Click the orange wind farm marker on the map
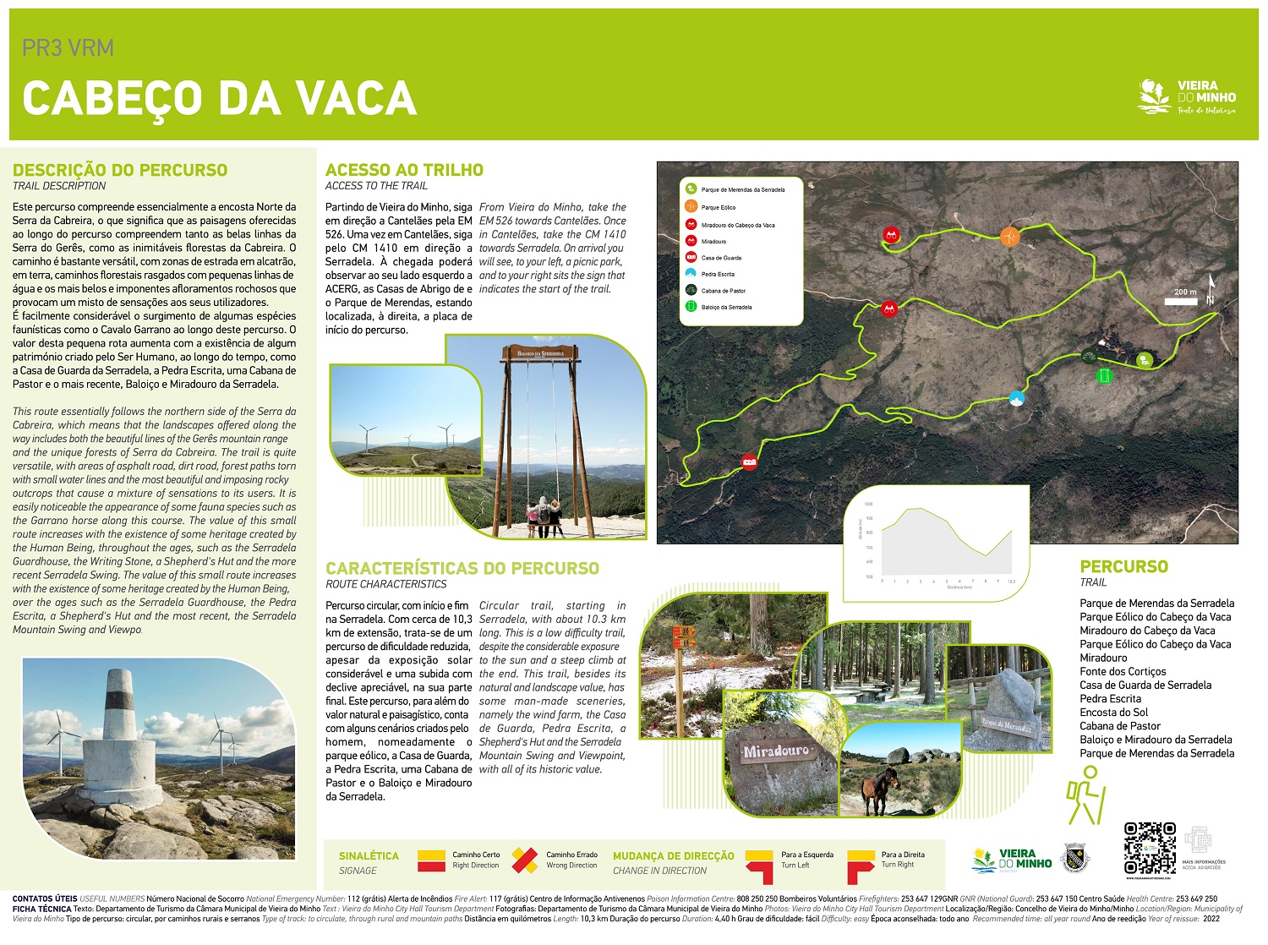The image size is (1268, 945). (1009, 237)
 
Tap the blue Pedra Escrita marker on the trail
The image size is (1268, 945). (1016, 397)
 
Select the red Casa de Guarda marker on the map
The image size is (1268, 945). (749, 462)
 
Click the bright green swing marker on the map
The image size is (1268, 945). (1104, 376)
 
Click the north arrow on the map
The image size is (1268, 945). (1211, 291)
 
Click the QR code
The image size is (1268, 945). (1150, 848)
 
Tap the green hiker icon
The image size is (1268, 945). (1085, 795)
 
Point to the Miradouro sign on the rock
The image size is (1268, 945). (777, 751)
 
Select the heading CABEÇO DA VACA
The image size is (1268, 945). (220, 98)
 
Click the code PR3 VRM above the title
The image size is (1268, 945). (68, 48)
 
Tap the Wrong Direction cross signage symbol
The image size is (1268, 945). (525, 860)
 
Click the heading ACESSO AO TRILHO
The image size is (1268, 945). (404, 170)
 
